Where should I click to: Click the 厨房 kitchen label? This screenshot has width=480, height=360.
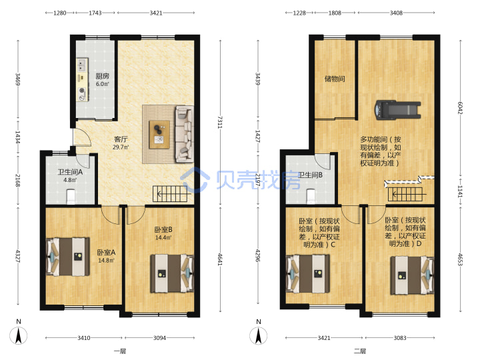click(x=102, y=76)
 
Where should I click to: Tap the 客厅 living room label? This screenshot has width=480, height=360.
click(x=121, y=139)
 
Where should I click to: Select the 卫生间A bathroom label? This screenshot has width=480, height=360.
click(x=70, y=172)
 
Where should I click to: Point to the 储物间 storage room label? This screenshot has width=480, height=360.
click(x=335, y=79)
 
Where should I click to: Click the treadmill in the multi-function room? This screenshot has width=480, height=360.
click(x=397, y=109)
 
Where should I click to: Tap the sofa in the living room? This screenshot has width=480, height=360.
click(x=184, y=134)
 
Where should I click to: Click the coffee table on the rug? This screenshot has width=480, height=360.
click(x=159, y=135)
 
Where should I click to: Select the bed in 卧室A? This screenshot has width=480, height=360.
click(x=68, y=257)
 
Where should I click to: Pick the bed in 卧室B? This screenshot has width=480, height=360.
click(x=172, y=273)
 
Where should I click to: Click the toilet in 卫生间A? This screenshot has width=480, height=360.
click(x=71, y=197)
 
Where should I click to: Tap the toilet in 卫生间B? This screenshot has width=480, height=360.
click(x=311, y=196)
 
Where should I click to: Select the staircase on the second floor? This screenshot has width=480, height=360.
click(x=405, y=194)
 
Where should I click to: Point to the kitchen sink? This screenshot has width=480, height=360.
click(x=82, y=65)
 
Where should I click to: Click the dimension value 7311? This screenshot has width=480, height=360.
click(x=220, y=122)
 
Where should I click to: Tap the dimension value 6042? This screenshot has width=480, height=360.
click(x=460, y=108)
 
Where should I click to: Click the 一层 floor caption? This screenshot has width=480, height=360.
click(x=120, y=351)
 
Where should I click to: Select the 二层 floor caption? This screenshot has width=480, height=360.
click(x=360, y=351)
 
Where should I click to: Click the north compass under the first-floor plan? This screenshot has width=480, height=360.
click(x=19, y=335)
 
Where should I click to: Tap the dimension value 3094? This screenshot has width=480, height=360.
click(x=159, y=338)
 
